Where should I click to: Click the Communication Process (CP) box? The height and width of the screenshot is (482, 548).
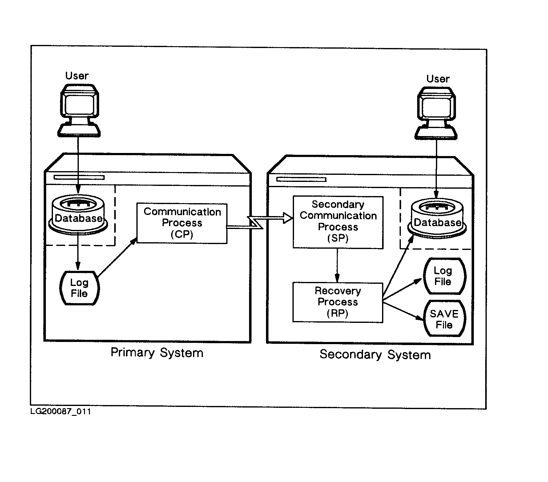tap(182, 223)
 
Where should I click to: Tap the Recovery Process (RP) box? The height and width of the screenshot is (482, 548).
tap(337, 302)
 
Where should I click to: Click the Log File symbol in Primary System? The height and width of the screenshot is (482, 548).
tap(79, 288)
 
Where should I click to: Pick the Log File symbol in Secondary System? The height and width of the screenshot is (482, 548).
tap(444, 276)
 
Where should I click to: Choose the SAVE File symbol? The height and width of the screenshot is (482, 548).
tap(444, 319)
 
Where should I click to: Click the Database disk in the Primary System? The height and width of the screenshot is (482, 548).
tap(79, 214)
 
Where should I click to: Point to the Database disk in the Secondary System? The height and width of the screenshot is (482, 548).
tap(437, 219)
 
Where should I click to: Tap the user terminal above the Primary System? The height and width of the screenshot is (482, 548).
tap(79, 110)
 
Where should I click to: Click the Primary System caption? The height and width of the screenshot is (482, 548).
tap(157, 353)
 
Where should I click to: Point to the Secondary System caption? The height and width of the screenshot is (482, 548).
tap(375, 355)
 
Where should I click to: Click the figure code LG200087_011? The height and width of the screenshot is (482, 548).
tap(61, 412)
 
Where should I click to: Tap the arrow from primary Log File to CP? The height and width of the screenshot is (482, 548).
tap(117, 257)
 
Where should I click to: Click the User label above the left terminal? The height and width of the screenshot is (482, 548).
tap(77, 76)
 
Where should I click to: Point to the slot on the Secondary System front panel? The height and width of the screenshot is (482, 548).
tap(301, 179)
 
